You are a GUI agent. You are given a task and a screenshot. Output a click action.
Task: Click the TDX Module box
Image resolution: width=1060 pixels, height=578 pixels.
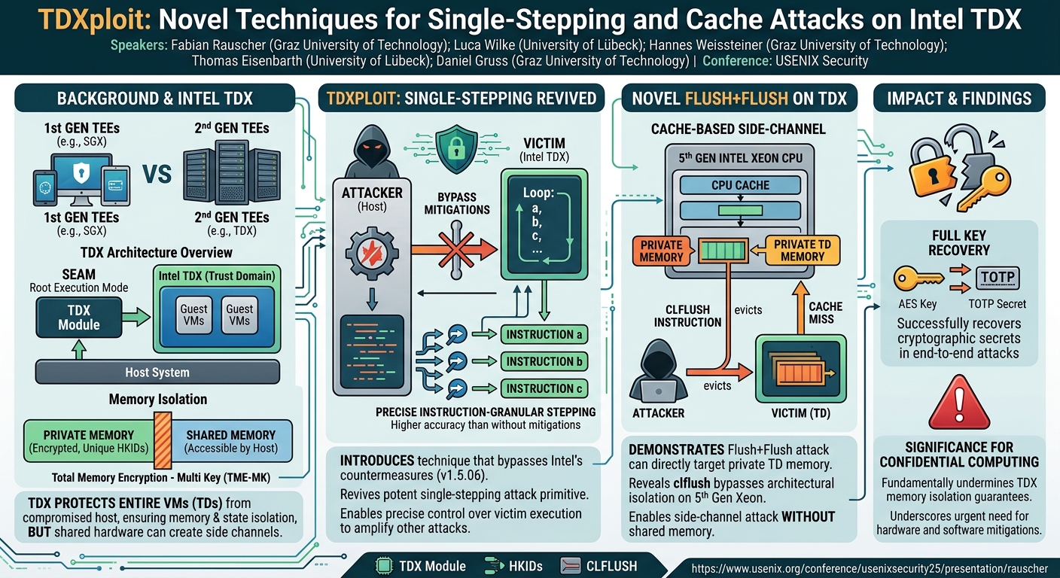(78, 318)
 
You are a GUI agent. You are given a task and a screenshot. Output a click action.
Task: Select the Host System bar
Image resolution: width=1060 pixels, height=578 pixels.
(157, 373)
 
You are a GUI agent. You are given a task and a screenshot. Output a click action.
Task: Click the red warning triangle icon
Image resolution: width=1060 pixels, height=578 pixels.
(959, 403)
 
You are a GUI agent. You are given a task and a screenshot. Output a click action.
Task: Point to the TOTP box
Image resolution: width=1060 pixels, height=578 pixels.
(998, 277)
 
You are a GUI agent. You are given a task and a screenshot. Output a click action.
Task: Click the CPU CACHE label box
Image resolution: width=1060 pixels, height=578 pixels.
(740, 185)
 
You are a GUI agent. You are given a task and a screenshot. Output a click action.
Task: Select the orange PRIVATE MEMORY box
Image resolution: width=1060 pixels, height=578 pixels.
(661, 251)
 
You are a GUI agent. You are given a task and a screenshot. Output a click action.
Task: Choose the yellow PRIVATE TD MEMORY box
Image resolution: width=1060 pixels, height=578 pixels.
(802, 250)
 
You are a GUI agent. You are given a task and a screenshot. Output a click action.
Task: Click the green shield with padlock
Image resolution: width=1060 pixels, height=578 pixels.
(456, 150)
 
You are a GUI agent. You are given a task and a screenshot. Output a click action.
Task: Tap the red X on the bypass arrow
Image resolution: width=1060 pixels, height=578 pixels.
(456, 250)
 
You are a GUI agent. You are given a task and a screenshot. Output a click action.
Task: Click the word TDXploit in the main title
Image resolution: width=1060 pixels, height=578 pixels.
(95, 20)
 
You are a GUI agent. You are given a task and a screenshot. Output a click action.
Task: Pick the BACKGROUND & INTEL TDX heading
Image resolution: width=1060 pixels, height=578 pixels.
(155, 98)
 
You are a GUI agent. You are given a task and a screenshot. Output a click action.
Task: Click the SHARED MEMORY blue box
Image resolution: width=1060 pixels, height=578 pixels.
(231, 441)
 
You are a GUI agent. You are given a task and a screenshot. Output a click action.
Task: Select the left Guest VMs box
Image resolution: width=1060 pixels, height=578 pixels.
(193, 315)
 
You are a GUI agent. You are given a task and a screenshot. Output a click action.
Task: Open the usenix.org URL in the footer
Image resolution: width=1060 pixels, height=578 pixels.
(870, 568)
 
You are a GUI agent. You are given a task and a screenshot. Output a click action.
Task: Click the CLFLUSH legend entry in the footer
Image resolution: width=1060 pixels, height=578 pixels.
(599, 566)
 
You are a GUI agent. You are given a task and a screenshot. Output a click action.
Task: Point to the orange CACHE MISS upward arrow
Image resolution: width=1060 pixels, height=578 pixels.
(801, 308)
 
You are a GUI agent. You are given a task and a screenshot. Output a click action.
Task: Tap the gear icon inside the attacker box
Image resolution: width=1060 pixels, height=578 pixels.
(372, 253)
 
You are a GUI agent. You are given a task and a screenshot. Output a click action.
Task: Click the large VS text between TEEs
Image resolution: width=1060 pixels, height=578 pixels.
(157, 175)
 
